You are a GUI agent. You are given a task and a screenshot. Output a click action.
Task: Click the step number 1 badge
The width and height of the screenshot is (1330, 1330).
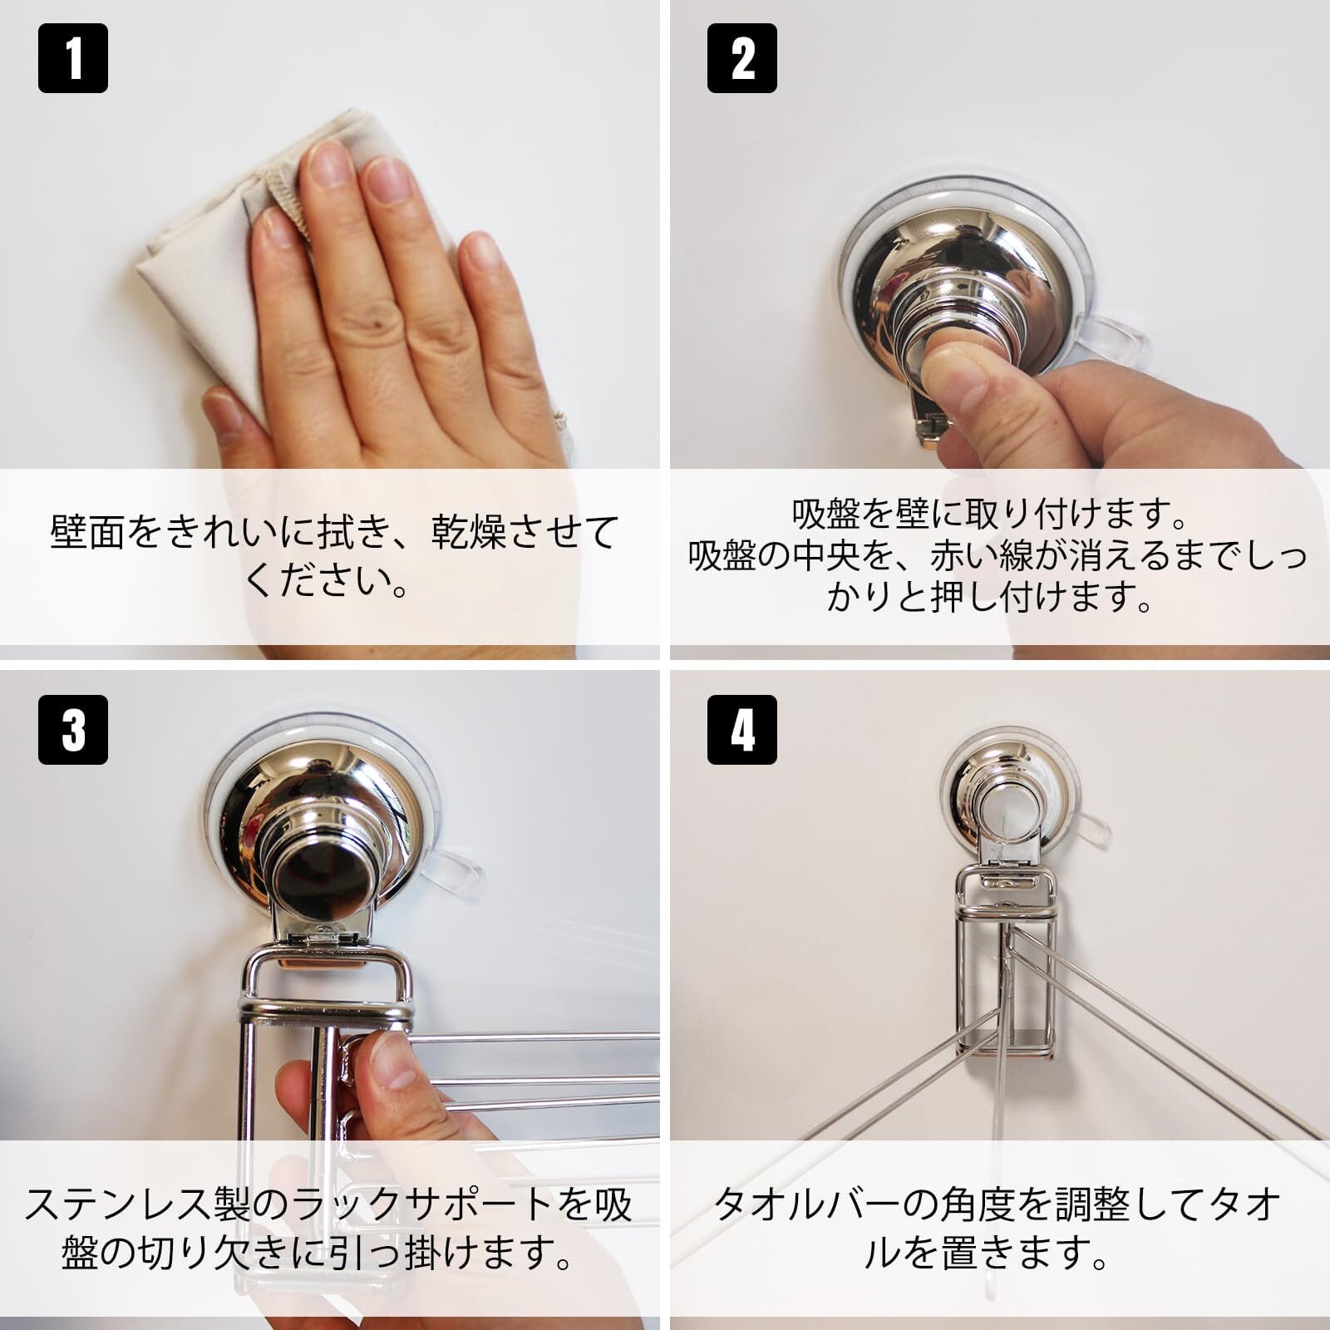click(x=73, y=58)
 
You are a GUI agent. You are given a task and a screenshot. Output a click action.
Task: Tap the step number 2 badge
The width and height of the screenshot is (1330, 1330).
click(x=742, y=58)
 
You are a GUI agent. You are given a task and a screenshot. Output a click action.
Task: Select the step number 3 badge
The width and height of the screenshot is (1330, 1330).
click(x=73, y=730)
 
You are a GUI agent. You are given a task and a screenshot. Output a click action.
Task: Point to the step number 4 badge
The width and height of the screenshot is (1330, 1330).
click(x=742, y=730)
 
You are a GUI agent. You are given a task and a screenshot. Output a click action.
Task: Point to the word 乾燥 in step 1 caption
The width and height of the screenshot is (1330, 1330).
click(x=465, y=532)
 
